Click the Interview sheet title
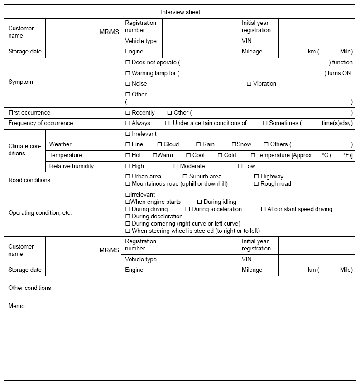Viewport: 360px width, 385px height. point(180,12)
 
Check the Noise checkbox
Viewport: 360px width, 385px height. point(128,84)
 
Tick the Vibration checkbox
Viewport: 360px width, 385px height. point(249,84)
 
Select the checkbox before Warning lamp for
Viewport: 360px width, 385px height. point(128,73)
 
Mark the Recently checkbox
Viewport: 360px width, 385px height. point(128,113)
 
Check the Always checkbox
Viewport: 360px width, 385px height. point(128,123)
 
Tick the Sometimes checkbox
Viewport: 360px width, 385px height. point(265,123)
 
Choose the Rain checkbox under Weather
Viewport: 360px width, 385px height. point(198,144)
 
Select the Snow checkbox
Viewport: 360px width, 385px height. point(234,144)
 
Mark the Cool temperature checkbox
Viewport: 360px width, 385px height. point(188,155)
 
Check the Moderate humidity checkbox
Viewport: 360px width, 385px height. point(176,166)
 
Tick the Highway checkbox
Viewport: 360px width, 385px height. point(257,177)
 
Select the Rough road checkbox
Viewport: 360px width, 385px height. point(257,184)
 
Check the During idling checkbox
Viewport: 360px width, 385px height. point(200,202)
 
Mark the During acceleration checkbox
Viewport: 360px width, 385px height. point(187,209)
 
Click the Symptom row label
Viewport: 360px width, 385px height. point(21,82)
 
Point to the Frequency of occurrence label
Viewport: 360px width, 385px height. point(41,123)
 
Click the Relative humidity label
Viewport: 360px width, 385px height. point(72,166)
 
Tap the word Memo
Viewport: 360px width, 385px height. point(17,306)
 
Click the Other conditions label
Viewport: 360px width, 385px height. point(30,288)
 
